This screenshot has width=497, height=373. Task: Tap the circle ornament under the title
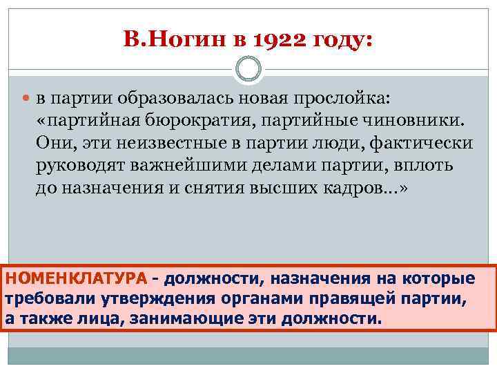248,70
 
